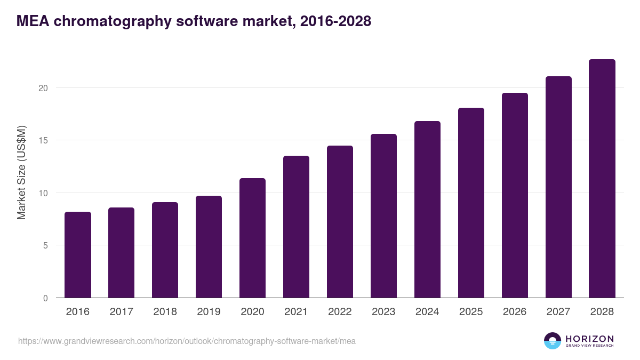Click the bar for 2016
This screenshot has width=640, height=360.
pos(78,255)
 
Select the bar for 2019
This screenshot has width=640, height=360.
pos(209,247)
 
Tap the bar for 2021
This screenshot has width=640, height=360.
pos(296,227)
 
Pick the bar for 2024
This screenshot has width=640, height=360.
pos(427,210)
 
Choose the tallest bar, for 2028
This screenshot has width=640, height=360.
pos(602,179)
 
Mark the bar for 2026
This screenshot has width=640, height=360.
pos(515,195)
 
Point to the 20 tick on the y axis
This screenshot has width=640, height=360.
pos(44,88)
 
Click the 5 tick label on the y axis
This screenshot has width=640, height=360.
pos(46,246)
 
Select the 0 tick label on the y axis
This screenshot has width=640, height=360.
pos(46,298)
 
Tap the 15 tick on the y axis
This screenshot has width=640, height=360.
pos(44,140)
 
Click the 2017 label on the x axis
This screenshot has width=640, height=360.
pos(122,312)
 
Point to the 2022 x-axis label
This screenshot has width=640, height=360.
pos(340,312)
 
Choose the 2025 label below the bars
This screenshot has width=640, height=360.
pos(471,312)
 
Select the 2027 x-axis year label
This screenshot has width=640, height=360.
pos(558,312)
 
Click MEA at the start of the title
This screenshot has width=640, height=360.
pos(31,21)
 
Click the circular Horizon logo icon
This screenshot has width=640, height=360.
pos(553,341)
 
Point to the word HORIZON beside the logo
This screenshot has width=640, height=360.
pos(589,339)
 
